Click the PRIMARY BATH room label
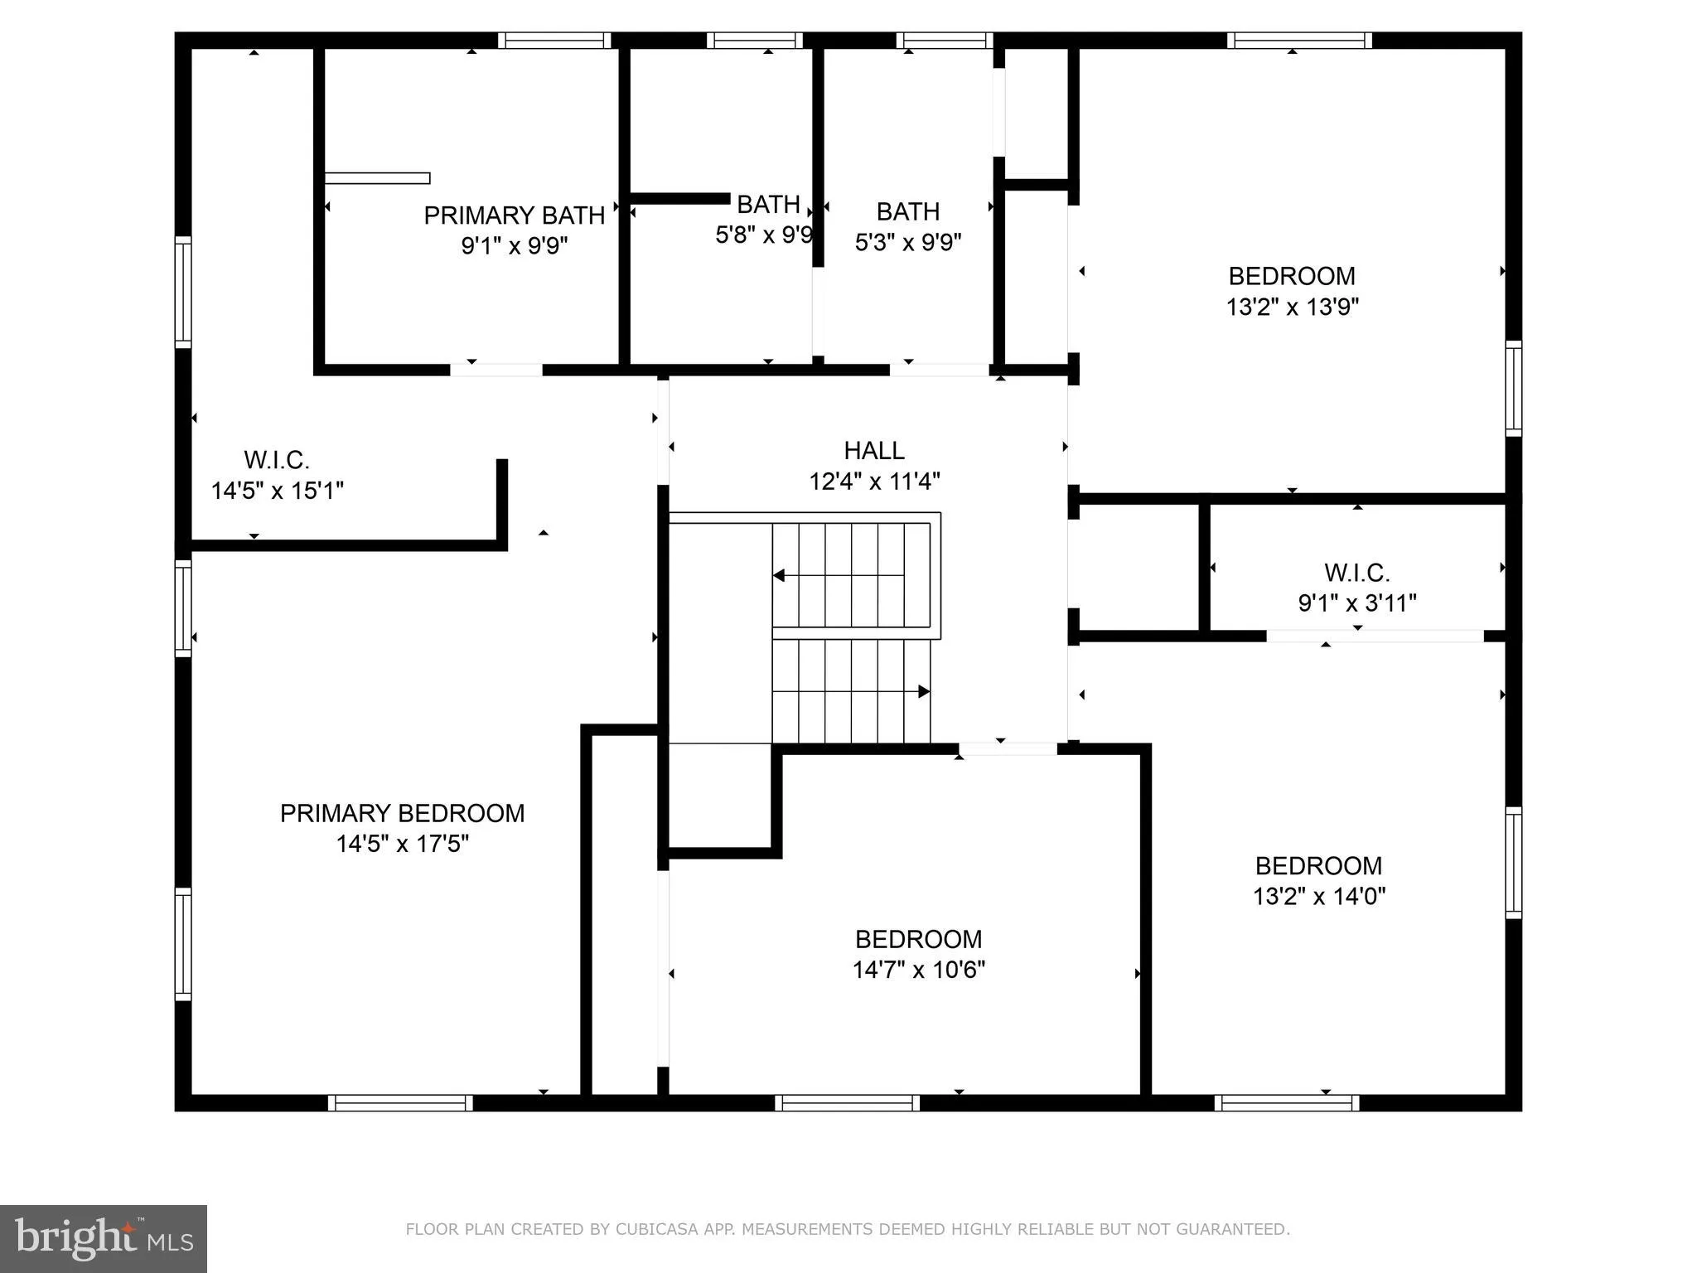pos(514,215)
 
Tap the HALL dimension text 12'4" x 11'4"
pos(874,481)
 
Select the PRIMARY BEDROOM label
pos(402,813)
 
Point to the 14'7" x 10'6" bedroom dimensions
pos(918,970)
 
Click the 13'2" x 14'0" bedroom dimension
pos(1318,896)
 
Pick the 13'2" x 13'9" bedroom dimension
pos(1292,307)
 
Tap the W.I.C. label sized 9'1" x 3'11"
pos(1356,572)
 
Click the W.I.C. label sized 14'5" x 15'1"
pos(276,459)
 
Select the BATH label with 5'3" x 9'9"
pos(907,211)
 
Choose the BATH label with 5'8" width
pos(767,204)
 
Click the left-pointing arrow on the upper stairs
pos(779,575)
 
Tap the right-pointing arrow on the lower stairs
pos(923,691)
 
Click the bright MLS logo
pos(103,1238)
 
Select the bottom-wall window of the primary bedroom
pos(399,1102)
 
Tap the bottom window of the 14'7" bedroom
pos(847,1102)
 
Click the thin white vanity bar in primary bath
pos(377,178)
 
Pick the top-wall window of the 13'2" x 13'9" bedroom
pos(1298,40)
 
